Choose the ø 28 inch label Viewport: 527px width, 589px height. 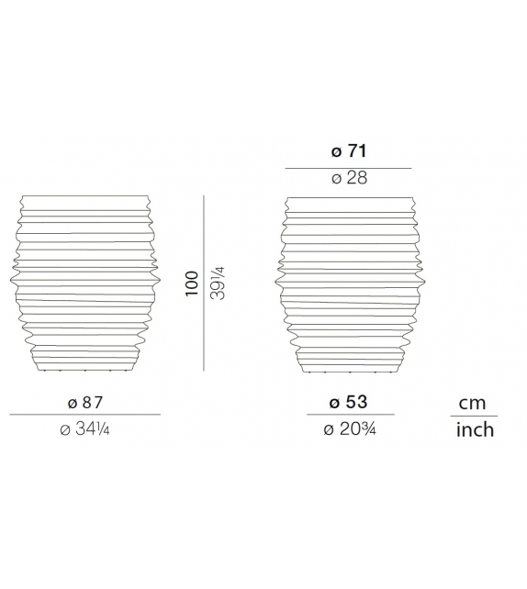pos(348,178)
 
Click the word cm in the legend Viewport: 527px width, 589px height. pos(474,404)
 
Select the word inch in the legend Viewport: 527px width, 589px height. pos(475,429)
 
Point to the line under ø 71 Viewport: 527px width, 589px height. pos(348,168)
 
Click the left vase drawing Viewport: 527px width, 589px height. pos(84,284)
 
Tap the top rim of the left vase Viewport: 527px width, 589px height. pos(84,199)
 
